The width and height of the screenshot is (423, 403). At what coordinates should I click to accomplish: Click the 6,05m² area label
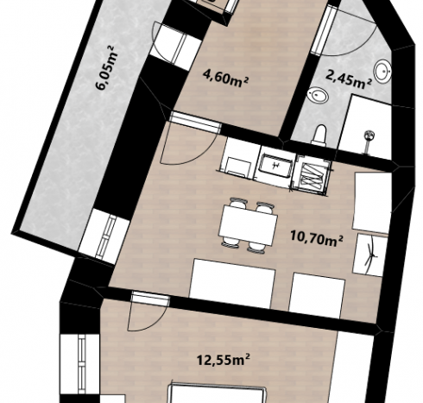pyautogui.click(x=106, y=68)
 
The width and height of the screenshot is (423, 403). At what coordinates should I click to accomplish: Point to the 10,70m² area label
pyautogui.click(x=316, y=238)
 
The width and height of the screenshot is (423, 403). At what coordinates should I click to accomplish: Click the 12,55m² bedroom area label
pyautogui.click(x=223, y=360)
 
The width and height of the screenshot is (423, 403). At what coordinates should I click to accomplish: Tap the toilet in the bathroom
pyautogui.click(x=319, y=134)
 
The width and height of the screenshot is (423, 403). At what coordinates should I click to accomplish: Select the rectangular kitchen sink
pyautogui.click(x=276, y=167)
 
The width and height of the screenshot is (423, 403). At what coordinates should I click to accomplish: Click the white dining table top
pyautogui.click(x=248, y=224)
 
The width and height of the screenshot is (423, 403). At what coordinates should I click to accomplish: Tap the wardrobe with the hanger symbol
pyautogui.click(x=369, y=255)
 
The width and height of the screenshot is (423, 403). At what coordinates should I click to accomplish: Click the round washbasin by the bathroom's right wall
pyautogui.click(x=382, y=71)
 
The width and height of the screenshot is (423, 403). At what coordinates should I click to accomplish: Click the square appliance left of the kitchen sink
pyautogui.click(x=238, y=167)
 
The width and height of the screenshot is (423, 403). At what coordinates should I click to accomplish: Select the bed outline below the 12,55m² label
pyautogui.click(x=218, y=394)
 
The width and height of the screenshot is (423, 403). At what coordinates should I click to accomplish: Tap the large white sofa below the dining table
pyautogui.click(x=232, y=283)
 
